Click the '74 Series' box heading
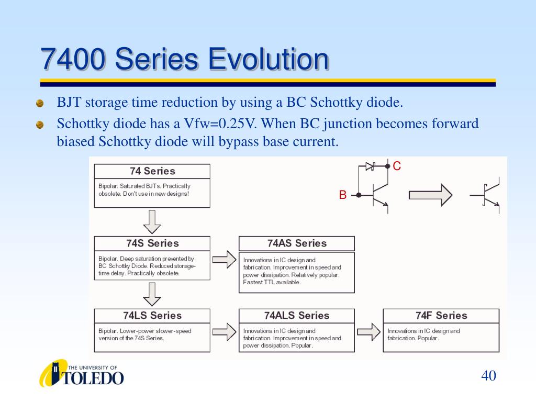point(152,171)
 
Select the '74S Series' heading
point(152,243)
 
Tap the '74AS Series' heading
point(297,243)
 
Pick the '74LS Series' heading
point(152,315)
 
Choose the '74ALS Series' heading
point(297,315)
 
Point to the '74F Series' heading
point(441,315)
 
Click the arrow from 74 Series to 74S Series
point(152,222)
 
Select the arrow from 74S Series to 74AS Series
point(224,260)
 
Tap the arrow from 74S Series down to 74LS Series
point(152,294)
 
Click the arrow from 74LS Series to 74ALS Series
point(224,332)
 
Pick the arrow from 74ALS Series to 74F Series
point(369,332)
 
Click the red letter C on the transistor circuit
point(397,166)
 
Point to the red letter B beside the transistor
point(343,195)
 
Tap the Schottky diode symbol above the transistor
point(370,166)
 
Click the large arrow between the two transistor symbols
point(431,195)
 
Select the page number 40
point(488,375)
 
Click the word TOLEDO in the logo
point(93,378)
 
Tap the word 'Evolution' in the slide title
point(269,59)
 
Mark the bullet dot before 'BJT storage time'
point(40,103)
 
